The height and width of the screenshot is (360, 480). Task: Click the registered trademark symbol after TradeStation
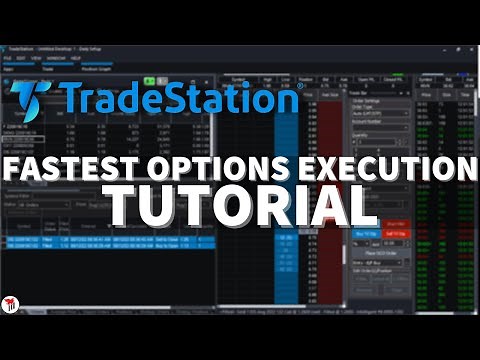tap(299, 87)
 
